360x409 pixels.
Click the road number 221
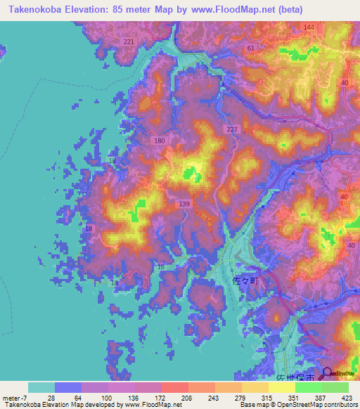point(128,42)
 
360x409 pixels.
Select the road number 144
point(309,27)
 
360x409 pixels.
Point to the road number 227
point(233,130)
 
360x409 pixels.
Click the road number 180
point(160,141)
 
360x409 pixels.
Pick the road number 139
point(184,204)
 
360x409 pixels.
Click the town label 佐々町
point(245,280)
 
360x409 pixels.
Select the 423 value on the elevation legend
point(347,397)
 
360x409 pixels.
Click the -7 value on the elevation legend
point(20,397)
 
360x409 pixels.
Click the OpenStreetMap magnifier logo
point(327,374)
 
